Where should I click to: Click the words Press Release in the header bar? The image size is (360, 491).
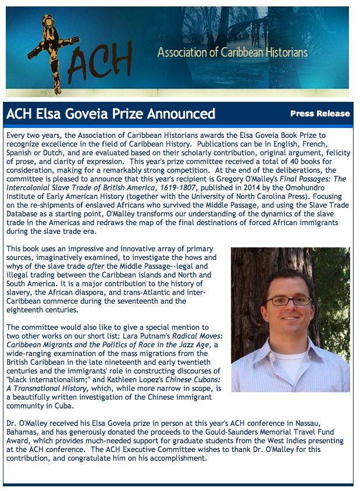click(x=320, y=113)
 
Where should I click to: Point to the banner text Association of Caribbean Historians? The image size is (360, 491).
click(x=233, y=52)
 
